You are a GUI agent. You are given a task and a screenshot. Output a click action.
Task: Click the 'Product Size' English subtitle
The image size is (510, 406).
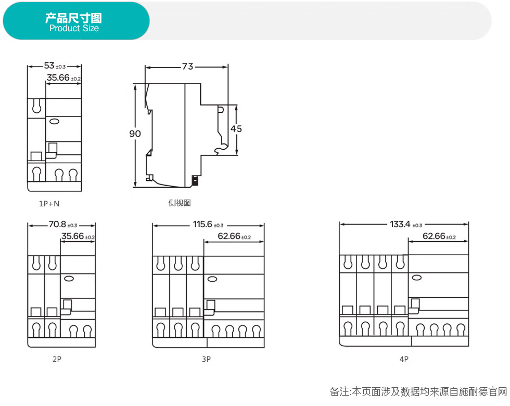click(74, 28)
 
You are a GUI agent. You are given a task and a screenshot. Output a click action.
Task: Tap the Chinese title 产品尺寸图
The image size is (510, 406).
click(73, 18)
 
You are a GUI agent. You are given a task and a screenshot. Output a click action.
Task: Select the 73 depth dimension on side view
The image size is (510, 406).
click(188, 66)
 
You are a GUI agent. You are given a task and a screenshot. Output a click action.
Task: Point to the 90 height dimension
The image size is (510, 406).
click(135, 134)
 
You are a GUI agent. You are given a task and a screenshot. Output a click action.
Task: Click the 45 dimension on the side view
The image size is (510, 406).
click(236, 129)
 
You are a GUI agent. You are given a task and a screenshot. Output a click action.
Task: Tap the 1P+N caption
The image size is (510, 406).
click(49, 204)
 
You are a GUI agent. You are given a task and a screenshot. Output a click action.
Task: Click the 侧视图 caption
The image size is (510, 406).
click(180, 203)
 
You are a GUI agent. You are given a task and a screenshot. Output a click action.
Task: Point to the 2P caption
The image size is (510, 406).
click(57, 359)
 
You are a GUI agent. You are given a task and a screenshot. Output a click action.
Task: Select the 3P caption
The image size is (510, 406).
click(206, 359)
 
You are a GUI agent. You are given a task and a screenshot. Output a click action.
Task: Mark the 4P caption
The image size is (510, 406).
click(404, 359)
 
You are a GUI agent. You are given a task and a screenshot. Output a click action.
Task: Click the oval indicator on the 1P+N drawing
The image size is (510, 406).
click(54, 122)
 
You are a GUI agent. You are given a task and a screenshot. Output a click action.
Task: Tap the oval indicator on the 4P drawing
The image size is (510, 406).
click(417, 278)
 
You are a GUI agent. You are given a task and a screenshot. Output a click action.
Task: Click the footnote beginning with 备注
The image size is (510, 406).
click(418, 392)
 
